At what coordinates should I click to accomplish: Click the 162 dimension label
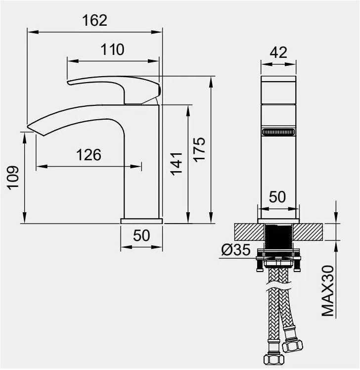click(x=94, y=20)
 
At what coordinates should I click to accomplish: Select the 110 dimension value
click(x=112, y=49)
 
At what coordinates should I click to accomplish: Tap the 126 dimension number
click(x=89, y=155)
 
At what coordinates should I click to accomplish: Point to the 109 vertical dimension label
click(x=13, y=178)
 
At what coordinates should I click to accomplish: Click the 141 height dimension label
click(x=177, y=164)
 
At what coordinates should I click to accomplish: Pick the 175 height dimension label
click(x=199, y=149)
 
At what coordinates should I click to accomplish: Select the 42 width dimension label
click(x=278, y=52)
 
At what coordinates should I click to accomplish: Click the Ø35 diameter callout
click(x=236, y=250)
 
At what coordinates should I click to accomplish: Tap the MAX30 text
click(x=328, y=291)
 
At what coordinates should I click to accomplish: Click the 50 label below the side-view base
click(x=141, y=235)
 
